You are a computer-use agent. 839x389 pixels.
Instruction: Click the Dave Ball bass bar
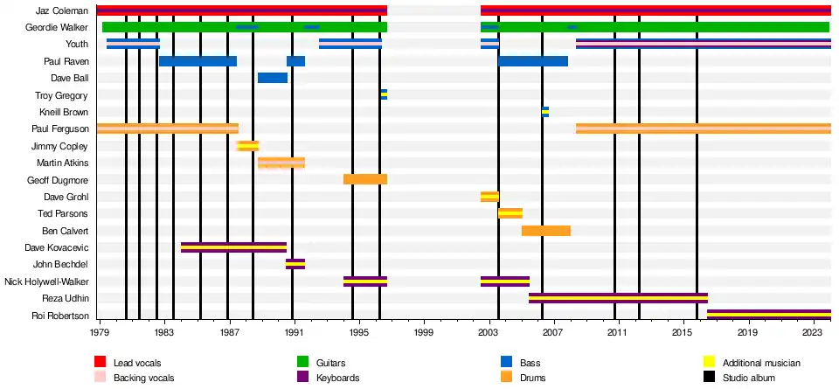tap(272, 78)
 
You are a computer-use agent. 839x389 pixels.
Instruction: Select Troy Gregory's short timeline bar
tap(384, 94)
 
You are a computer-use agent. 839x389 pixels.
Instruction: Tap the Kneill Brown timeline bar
tap(545, 112)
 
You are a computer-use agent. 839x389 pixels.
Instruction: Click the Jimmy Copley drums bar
tap(247, 146)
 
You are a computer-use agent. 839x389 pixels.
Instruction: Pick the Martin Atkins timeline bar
tap(281, 163)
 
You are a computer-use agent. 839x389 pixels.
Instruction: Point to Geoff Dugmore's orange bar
tap(364, 179)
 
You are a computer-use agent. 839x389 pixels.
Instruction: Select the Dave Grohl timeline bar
tap(489, 197)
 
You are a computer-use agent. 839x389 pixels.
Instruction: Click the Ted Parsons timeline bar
tap(510, 213)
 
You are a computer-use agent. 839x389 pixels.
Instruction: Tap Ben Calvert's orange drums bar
tap(545, 231)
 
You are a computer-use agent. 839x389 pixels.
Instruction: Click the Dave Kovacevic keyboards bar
tap(233, 247)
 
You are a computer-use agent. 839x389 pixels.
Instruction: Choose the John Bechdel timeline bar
tap(295, 264)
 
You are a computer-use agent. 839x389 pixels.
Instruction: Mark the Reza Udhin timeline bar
tap(618, 298)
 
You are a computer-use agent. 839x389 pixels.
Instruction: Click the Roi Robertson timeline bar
tap(768, 315)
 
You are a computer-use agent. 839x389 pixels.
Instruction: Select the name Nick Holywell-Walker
tap(46, 281)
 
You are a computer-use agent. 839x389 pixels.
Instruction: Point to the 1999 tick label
tap(424, 333)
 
